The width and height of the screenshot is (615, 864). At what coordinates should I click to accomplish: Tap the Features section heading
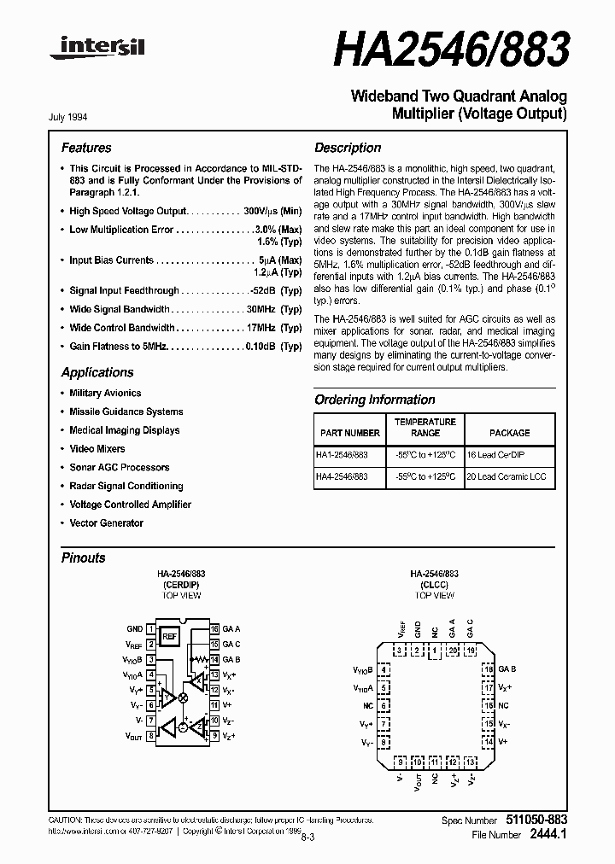pyautogui.click(x=86, y=148)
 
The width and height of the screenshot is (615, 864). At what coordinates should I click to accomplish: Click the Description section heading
pyautogui.click(x=348, y=148)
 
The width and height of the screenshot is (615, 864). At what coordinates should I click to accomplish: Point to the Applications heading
pyautogui.click(x=97, y=372)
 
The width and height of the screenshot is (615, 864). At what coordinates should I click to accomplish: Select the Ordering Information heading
pyautogui.click(x=374, y=400)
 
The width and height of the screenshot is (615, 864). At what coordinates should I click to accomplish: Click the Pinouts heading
pyautogui.click(x=84, y=558)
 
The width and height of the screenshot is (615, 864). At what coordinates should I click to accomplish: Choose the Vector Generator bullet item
pyautogui.click(x=106, y=522)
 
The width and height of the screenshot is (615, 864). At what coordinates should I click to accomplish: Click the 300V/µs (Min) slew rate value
pyautogui.click(x=272, y=211)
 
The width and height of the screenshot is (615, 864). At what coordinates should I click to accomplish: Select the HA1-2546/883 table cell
pyautogui.click(x=342, y=457)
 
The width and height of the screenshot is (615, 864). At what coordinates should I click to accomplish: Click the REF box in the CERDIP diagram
pyautogui.click(x=169, y=636)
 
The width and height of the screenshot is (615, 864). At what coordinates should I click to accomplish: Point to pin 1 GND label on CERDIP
pyautogui.click(x=135, y=628)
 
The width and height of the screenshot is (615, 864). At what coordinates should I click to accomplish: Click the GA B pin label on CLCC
pyautogui.click(x=507, y=668)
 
